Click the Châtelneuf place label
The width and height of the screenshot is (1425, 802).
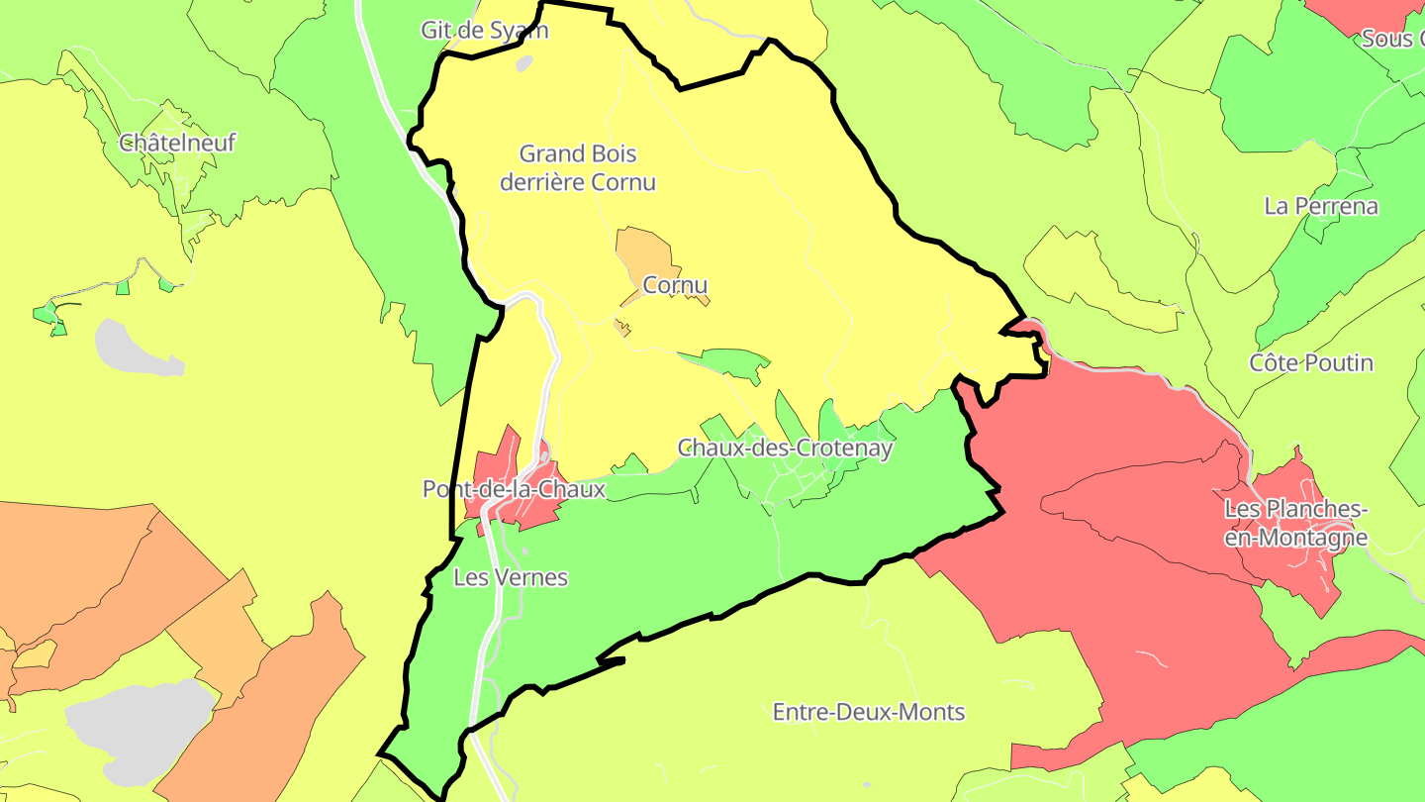tap(177, 143)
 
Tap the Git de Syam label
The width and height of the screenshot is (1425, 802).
tap(484, 30)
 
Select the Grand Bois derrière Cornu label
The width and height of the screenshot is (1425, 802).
tap(578, 167)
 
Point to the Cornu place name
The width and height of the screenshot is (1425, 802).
tap(675, 285)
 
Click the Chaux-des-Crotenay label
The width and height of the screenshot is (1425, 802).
tap(785, 448)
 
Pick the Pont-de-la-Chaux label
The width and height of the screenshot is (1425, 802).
tap(514, 488)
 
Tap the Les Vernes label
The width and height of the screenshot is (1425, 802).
tap(511, 576)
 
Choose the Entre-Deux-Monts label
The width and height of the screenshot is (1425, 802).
tap(868, 711)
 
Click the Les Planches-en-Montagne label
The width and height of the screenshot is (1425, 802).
tap(1296, 523)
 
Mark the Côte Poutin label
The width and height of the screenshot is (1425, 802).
tap(1311, 362)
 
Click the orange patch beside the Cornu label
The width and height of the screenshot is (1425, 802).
tap(643, 252)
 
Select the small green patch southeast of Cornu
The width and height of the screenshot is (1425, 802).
tap(732, 360)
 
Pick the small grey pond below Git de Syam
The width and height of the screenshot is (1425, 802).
tap(523, 63)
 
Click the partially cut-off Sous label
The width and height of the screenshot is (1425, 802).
tap(1391, 39)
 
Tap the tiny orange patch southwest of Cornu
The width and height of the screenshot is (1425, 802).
tap(621, 327)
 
